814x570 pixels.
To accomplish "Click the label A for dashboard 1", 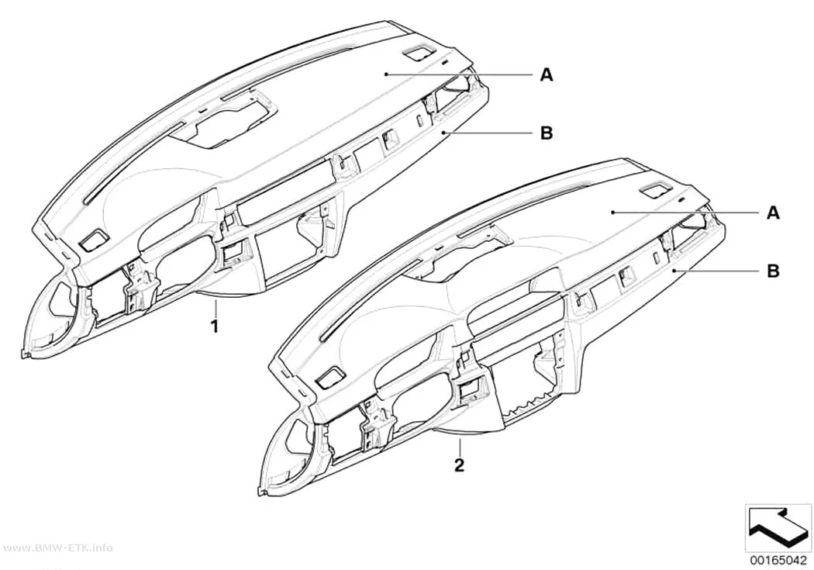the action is pos(546,74).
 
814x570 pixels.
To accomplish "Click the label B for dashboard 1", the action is pos(546,133).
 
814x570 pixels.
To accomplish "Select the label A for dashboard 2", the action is pos(774,212).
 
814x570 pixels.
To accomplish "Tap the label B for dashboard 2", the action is pos(774,271).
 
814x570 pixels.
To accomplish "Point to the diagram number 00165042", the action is pos(777,560).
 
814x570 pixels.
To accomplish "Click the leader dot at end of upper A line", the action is pos(386,74).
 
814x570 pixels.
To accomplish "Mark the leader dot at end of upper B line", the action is pos(443,133).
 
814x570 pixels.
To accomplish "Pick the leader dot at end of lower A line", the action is pos(612,212).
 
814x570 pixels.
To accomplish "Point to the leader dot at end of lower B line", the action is pos(672,271).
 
